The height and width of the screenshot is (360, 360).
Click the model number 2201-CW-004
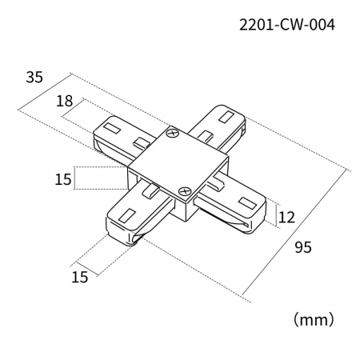click(287, 26)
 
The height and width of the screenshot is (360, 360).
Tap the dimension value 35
click(34, 78)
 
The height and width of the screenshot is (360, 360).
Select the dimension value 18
click(64, 101)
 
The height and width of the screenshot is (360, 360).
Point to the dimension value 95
click(303, 247)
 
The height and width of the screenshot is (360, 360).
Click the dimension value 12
click(286, 217)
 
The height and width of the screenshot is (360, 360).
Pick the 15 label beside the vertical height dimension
click(63, 179)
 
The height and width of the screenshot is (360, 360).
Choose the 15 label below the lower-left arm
click(80, 277)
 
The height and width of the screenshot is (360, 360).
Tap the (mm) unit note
click(314, 319)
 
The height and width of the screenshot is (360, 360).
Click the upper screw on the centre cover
click(173, 133)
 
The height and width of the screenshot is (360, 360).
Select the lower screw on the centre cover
click(185, 191)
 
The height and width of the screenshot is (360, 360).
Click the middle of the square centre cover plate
click(178, 162)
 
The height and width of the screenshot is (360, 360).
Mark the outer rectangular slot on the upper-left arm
click(112, 128)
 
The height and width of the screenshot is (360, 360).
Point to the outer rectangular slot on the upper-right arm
click(226, 117)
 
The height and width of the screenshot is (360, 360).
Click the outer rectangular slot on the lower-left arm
click(127, 215)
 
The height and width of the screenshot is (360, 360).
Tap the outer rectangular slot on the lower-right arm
click(247, 203)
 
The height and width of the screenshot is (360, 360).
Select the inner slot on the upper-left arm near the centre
click(142, 142)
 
